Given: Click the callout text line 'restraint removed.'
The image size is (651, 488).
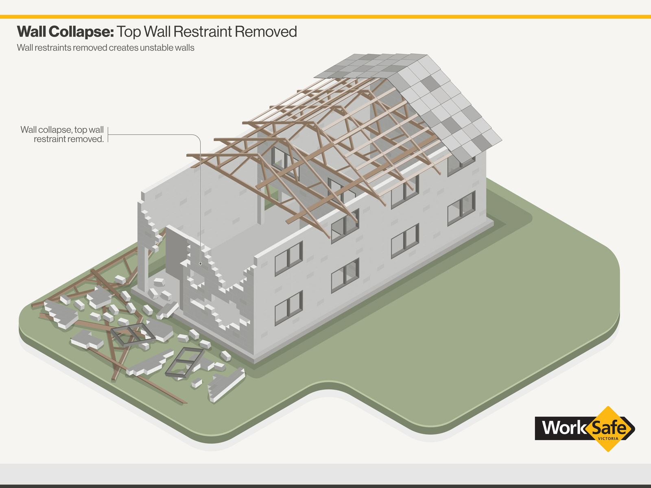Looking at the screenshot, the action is coord(68,139).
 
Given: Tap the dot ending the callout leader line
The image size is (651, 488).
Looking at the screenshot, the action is coord(201,264).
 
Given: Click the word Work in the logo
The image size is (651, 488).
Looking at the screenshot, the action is coord(563,428).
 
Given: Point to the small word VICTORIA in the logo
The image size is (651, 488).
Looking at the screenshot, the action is coord(608,438).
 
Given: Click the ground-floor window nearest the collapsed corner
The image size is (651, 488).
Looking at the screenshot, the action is coord(288,308).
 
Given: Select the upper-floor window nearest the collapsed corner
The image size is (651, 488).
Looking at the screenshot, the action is coord(288,259).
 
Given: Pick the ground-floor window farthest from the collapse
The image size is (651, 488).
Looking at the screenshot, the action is coord(461,208).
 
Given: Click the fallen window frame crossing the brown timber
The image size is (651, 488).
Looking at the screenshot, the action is coord(132,335).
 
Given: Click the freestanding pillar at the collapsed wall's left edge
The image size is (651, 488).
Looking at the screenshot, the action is coord(143,268).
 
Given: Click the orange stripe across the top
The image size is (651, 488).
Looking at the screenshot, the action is coord(325,17).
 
